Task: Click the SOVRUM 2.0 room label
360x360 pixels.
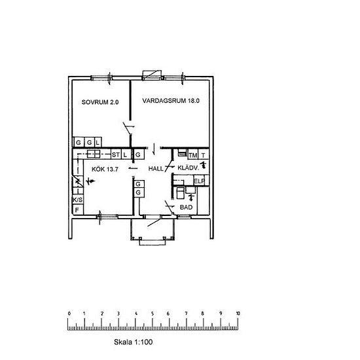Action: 100,102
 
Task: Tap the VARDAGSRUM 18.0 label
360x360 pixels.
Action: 171,101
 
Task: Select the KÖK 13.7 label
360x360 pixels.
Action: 105,170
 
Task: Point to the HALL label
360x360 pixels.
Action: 156,169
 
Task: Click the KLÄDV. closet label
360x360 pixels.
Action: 189,168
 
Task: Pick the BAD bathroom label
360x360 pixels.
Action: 186,207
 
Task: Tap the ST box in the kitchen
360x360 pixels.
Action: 116,154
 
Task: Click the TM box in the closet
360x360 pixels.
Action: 193,155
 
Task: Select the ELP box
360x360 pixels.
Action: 199,181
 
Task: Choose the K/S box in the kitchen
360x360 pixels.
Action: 78,200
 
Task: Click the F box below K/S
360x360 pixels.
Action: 78,210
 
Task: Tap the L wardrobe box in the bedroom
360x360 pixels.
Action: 98,142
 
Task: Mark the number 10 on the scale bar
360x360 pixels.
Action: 238,314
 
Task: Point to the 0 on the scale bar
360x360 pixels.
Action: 69,314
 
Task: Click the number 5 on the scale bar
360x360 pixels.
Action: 153,314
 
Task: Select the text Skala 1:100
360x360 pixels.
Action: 133,342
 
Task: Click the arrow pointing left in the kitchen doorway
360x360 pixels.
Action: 133,168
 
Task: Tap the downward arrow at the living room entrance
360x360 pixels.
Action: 154,149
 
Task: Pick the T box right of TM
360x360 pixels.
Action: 204,155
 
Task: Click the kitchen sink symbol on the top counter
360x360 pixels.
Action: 94,154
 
